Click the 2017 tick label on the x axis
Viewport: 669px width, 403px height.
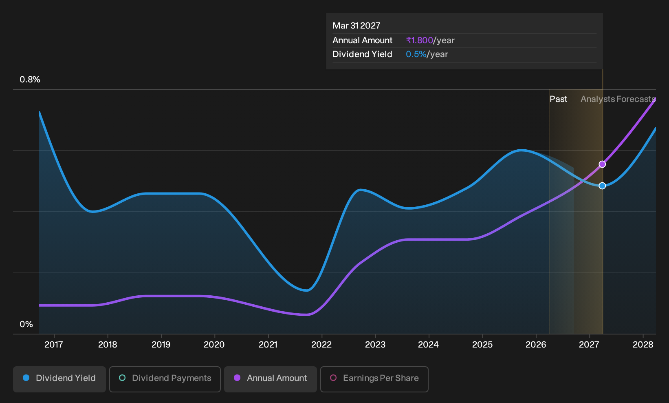tap(54, 345)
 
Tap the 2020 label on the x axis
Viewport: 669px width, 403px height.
tap(214, 345)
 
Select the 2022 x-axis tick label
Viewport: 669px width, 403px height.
tap(321, 345)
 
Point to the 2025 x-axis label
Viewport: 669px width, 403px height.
tap(482, 345)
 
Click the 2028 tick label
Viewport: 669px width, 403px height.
tap(643, 345)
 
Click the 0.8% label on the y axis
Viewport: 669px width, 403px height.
tap(30, 80)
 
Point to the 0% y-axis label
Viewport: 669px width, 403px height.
tap(26, 324)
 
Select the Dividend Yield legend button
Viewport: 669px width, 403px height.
tap(59, 379)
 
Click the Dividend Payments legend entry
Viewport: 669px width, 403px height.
tap(165, 379)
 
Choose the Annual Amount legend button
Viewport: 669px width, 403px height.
tap(270, 379)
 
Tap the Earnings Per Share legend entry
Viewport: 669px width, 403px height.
tap(374, 379)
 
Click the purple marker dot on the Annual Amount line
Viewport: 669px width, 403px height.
tap(602, 164)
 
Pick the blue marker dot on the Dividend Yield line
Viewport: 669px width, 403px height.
tap(602, 186)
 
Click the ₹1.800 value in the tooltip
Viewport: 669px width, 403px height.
tap(419, 40)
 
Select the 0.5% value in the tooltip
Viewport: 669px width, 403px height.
tap(416, 54)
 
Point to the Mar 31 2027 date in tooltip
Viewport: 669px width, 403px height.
tap(357, 26)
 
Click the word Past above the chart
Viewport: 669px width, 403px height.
tap(558, 99)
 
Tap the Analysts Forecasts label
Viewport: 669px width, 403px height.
tap(618, 99)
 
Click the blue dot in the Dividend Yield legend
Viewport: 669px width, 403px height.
tap(26, 378)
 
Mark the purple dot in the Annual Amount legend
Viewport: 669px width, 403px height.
tap(237, 378)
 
